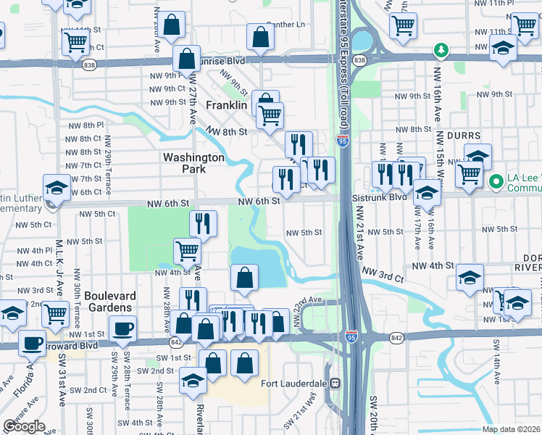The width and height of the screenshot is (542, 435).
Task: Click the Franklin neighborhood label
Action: [x=227, y=105]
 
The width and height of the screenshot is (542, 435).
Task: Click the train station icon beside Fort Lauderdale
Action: [x=335, y=383]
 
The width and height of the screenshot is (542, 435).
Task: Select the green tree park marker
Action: [x=439, y=50]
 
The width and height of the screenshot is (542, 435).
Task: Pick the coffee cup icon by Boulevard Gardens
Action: [x=122, y=328]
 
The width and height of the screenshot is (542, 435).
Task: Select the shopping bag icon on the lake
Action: [x=245, y=277]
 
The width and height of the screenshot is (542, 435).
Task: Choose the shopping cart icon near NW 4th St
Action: [x=187, y=252]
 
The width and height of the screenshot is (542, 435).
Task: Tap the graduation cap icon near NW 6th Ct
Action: [x=57, y=188]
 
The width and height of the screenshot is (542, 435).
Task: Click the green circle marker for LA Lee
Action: [x=496, y=180]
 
